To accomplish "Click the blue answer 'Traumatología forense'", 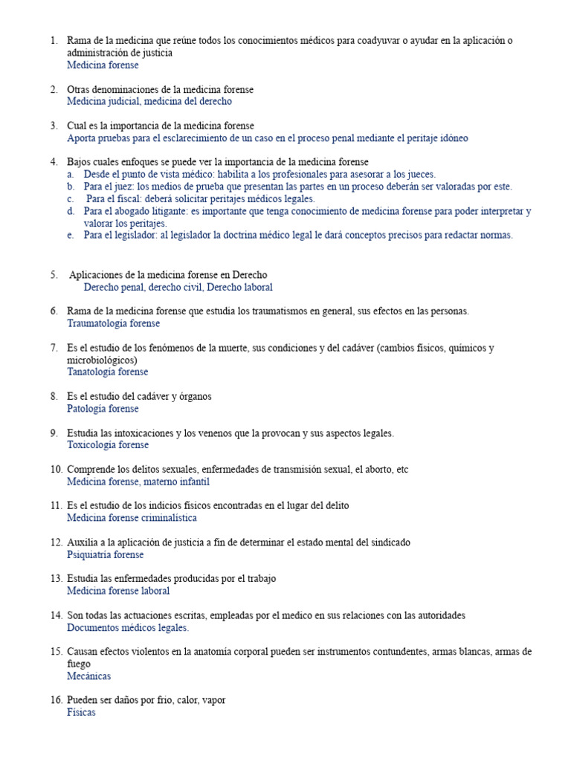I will [x=113, y=323].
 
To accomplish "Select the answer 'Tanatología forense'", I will [x=107, y=372].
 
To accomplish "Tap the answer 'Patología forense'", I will [x=103, y=408].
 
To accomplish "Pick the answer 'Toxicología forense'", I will [x=108, y=444].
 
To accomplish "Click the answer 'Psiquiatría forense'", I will [x=105, y=554].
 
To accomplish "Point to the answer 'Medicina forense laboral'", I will [x=118, y=591].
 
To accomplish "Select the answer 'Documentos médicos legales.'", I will [x=128, y=627].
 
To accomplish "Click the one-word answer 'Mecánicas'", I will [x=88, y=676].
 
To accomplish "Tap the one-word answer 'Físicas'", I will [x=81, y=712].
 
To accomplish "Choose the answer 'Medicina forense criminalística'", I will [x=132, y=518].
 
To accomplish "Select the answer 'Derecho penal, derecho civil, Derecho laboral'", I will [x=178, y=287].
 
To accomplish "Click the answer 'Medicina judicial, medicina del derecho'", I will [x=149, y=101].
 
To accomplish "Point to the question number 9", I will [x=54, y=433].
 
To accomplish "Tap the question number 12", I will [x=57, y=543].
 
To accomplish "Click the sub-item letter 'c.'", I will [x=70, y=198].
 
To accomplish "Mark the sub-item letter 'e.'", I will [x=70, y=235].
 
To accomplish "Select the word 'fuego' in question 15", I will [x=79, y=664].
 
